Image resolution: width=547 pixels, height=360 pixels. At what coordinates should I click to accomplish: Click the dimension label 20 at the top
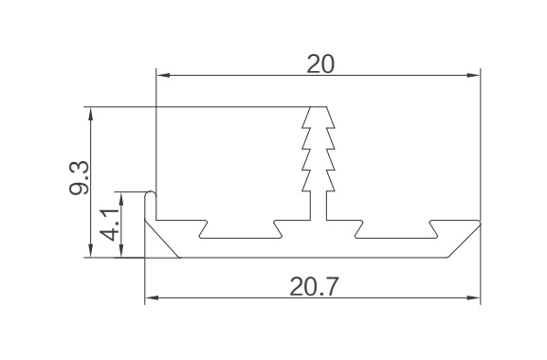pyautogui.click(x=320, y=63)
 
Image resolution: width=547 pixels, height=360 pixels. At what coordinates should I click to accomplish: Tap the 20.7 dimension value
pyautogui.click(x=314, y=286)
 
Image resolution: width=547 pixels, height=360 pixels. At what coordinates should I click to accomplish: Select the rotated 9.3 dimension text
pyautogui.click(x=80, y=178)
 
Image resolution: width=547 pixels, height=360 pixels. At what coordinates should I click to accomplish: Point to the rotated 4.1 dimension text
pyautogui.click(x=109, y=225)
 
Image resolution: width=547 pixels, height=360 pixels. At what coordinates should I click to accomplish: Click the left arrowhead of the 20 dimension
pyautogui.click(x=163, y=75)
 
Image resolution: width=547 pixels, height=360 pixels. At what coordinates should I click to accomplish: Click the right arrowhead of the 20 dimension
pyautogui.click(x=474, y=75)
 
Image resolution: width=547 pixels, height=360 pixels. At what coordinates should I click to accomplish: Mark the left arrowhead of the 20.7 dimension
pyautogui.click(x=152, y=298)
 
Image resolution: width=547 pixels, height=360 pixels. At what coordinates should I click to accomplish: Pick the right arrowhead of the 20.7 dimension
pyautogui.click(x=474, y=298)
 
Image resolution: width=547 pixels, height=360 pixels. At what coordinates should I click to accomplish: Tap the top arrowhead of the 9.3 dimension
pyautogui.click(x=91, y=114)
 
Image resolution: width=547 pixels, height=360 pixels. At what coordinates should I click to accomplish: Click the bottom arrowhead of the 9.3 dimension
pyautogui.click(x=91, y=251)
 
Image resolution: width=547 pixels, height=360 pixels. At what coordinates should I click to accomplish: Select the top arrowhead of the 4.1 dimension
pyautogui.click(x=121, y=198)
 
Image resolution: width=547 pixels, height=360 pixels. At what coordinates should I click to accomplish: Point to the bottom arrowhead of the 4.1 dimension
pyautogui.click(x=121, y=251)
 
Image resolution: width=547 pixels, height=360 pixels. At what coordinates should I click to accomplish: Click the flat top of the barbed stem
pyautogui.click(x=319, y=107)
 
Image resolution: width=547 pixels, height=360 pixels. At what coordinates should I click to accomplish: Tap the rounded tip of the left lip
pyautogui.click(x=151, y=192)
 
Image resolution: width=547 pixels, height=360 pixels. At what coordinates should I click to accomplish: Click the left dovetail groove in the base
pyautogui.click(x=240, y=229)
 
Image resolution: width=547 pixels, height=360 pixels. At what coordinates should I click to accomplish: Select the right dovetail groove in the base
pyautogui.click(x=396, y=229)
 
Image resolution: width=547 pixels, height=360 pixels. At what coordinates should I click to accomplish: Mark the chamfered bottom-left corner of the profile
pyautogui.click(x=162, y=239)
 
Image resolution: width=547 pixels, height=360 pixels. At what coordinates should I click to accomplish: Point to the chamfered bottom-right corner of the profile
pyautogui.click(x=464, y=241)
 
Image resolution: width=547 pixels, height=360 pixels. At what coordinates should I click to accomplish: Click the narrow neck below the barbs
pyautogui.click(x=319, y=206)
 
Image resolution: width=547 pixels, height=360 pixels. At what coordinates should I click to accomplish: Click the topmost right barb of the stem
pyautogui.click(x=331, y=117)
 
